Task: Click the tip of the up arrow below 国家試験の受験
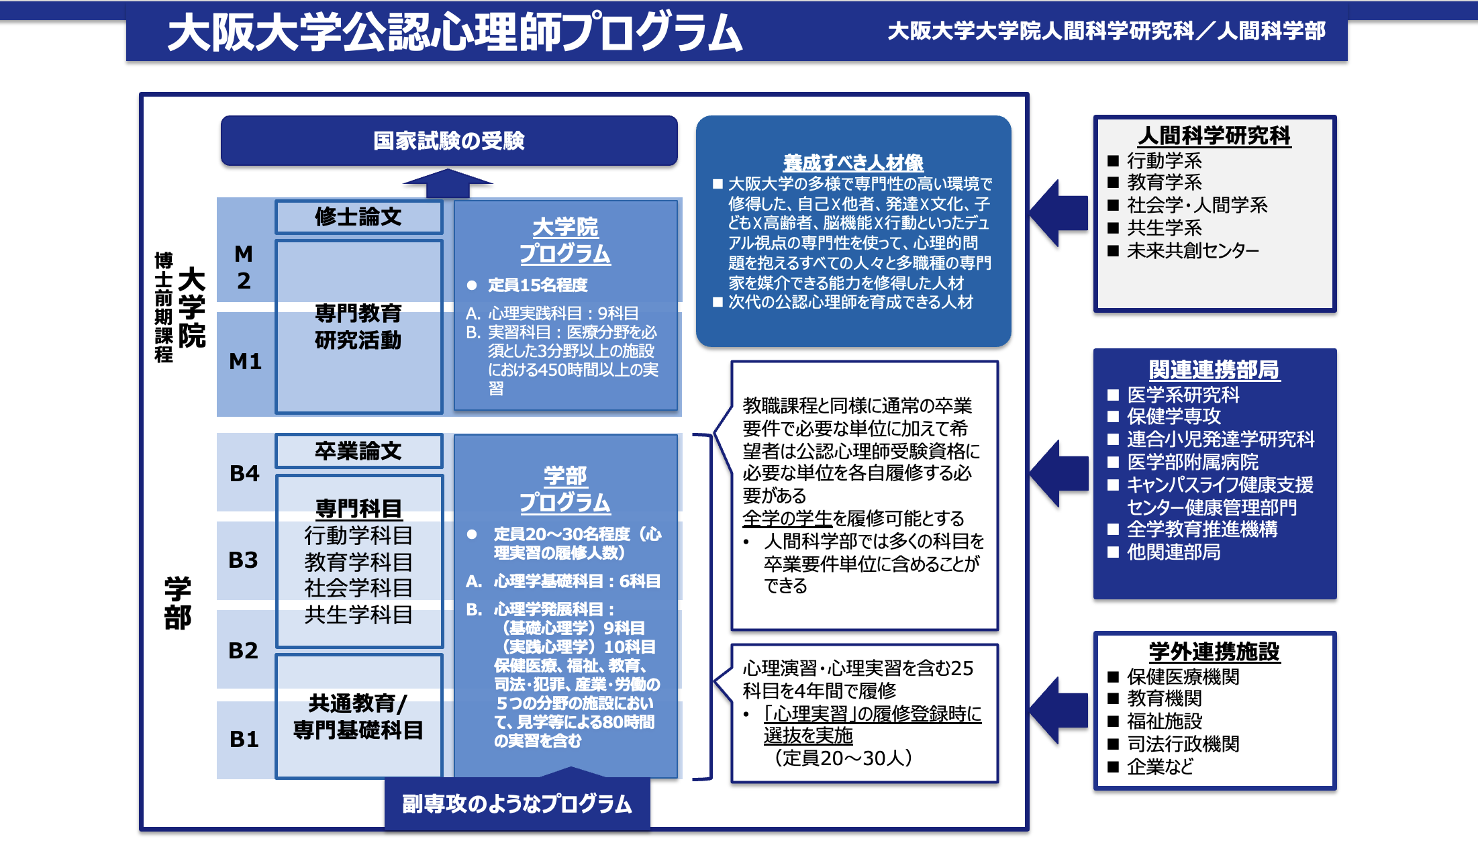pos(448,168)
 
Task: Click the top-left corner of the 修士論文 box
pos(275,200)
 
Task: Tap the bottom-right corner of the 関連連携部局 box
pos(1336,599)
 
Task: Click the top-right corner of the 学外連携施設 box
pos(1336,632)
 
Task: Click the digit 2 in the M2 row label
pos(244,281)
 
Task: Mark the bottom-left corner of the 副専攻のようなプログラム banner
pos(385,830)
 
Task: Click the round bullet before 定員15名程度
pos(472,285)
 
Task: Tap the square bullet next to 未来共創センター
pos(1113,251)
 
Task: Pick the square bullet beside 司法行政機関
pos(1113,744)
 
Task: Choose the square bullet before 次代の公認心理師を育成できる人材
pos(718,302)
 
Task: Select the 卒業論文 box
pos(359,451)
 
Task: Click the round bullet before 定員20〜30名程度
pos(472,534)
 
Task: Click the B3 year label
pos(243,560)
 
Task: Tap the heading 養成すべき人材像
pos(853,162)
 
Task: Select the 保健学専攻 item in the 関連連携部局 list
pos(1173,416)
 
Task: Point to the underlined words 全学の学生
pos(787,518)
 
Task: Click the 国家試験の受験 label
pos(449,141)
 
